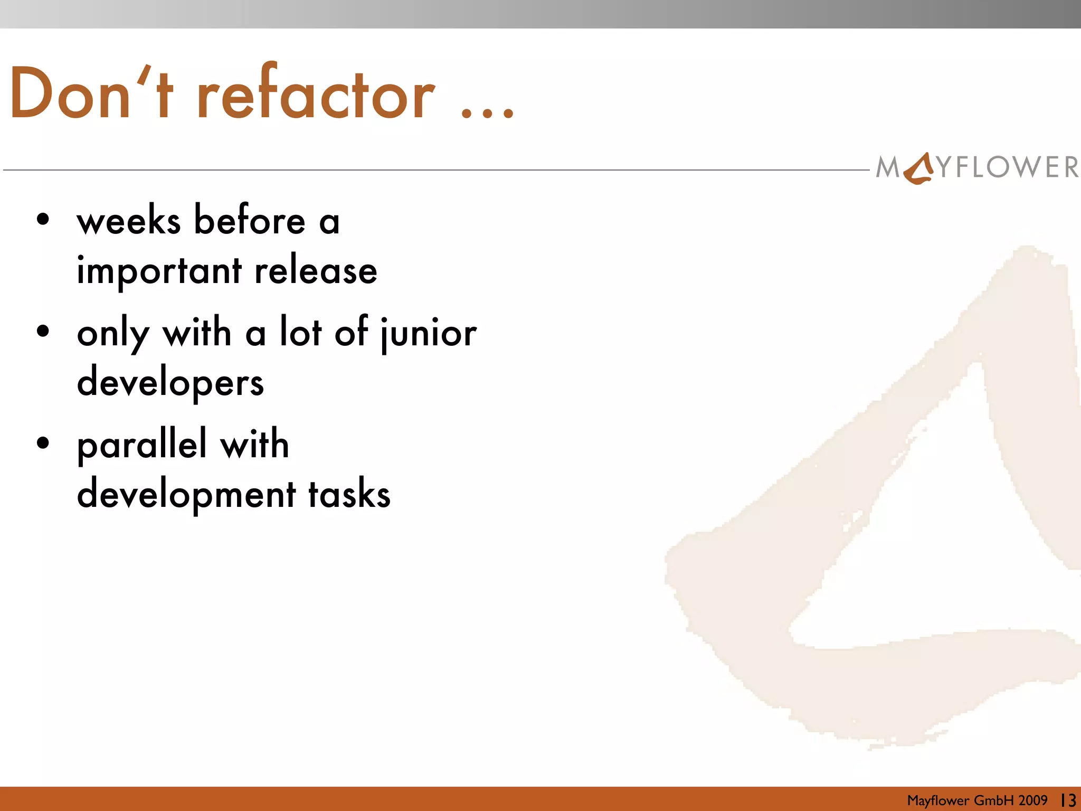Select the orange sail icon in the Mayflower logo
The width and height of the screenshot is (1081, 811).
(919, 168)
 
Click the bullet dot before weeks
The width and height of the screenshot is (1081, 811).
(43, 220)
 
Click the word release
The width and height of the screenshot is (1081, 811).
(316, 270)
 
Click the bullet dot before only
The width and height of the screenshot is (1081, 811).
(43, 332)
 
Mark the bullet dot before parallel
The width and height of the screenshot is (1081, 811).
(43, 442)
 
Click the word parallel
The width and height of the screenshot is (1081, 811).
(141, 445)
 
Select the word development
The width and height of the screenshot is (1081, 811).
(186, 494)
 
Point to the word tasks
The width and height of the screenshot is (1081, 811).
(349, 494)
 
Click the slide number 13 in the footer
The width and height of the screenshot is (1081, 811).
(1068, 800)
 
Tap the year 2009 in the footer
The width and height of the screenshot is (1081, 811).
(1033, 800)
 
